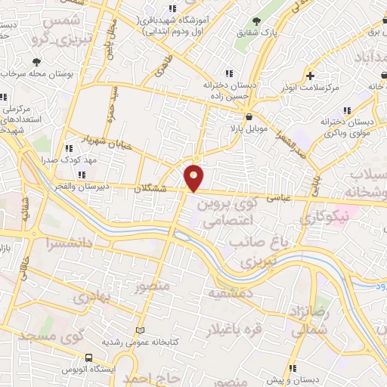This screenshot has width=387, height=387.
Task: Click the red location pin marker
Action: [194, 178]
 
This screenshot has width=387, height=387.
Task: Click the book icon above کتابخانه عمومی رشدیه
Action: [138, 330]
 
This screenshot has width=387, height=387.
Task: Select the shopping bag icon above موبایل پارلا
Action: [249, 117]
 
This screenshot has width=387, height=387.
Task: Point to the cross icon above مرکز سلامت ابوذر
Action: [311, 76]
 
